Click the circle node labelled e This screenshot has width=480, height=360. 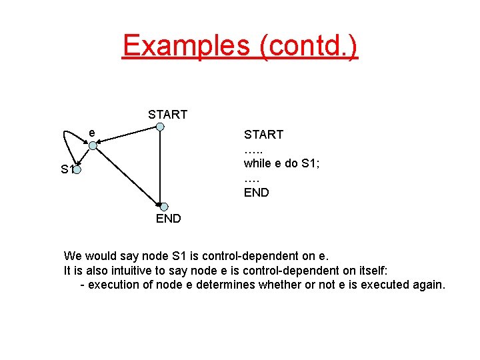pyautogui.click(x=93, y=145)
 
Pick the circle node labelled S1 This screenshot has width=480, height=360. pyautogui.click(x=77, y=171)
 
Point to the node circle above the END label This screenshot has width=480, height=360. pyautogui.click(x=164, y=207)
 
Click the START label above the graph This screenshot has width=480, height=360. pyautogui.click(x=167, y=115)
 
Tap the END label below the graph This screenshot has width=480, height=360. pyautogui.click(x=168, y=219)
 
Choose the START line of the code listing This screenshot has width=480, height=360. pyautogui.click(x=263, y=135)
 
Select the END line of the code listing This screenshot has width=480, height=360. pyautogui.click(x=256, y=193)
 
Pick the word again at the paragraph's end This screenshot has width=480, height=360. pyautogui.click(x=429, y=285)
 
